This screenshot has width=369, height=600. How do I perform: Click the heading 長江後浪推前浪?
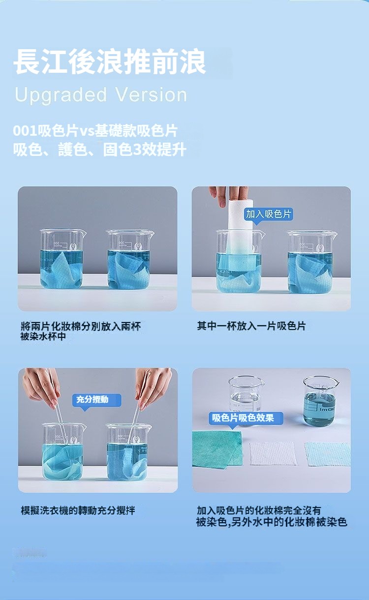click(110, 62)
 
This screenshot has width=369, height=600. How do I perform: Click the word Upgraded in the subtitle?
click(61, 95)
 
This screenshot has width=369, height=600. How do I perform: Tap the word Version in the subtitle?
click(151, 94)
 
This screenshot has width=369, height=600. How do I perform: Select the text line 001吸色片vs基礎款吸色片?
click(95, 131)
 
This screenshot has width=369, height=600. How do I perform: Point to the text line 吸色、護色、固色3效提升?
click(99, 150)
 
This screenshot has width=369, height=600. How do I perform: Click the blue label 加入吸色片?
click(269, 214)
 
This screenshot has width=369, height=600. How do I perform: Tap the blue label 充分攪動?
click(97, 400)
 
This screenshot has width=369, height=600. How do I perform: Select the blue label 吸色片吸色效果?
click(246, 418)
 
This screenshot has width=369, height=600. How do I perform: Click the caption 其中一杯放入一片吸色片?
click(251, 326)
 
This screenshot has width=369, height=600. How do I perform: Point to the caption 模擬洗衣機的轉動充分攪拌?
click(78, 510)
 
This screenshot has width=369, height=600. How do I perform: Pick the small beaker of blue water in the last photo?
click(320, 401)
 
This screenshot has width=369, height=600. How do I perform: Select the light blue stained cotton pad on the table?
click(328, 454)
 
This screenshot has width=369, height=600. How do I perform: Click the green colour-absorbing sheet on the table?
click(217, 449)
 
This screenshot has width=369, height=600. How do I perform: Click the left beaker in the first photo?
click(62, 259)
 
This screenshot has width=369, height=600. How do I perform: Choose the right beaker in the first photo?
click(130, 259)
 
